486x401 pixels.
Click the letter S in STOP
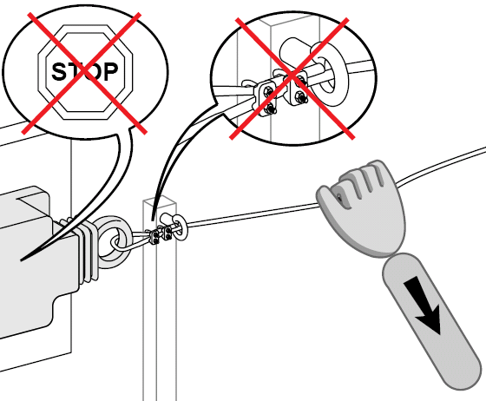(x=59, y=71)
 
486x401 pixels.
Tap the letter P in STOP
(x=109, y=71)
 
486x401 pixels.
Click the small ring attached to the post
(x=181, y=227)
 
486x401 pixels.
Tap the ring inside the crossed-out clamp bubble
(x=329, y=75)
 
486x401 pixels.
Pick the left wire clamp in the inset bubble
(x=265, y=97)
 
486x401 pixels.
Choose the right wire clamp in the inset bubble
(x=299, y=88)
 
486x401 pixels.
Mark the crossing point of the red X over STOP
(x=84, y=73)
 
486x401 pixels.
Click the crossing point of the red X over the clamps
(x=292, y=76)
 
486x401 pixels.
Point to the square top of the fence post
(x=160, y=200)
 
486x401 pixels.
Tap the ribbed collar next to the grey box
(x=83, y=252)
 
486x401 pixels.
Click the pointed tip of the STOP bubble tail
(x=21, y=260)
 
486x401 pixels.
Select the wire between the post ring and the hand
(x=253, y=214)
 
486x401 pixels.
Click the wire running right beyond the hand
(x=442, y=167)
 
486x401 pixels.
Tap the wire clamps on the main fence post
(x=161, y=235)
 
